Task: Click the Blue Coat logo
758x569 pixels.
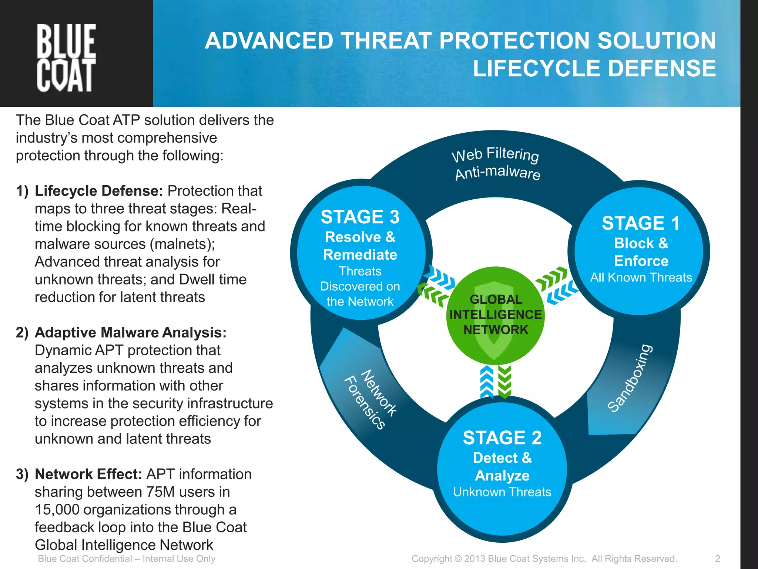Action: [66, 57]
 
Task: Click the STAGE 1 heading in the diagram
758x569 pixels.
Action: [641, 223]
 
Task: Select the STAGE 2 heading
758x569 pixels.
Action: [502, 438]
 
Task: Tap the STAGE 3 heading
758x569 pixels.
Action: [360, 217]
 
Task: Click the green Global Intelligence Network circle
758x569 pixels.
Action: [495, 315]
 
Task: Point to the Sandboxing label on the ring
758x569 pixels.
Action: [630, 378]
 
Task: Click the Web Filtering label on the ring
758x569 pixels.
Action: [495, 154]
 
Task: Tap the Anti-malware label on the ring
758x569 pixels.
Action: [497, 173]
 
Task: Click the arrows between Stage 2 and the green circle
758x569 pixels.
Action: [496, 382]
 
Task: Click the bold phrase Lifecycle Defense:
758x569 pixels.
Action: [99, 191]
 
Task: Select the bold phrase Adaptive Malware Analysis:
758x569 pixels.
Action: [130, 333]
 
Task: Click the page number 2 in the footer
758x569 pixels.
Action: [717, 559]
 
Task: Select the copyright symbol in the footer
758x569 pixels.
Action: [458, 559]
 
